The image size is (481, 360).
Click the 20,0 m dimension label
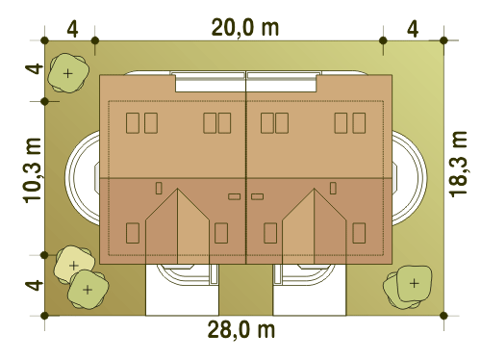tap(245, 28)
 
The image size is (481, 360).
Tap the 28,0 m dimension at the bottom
tap(241, 329)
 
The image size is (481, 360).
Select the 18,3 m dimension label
tap(458, 164)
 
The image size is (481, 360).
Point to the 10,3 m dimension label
tap(33, 170)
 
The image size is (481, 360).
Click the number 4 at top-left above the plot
tap(72, 30)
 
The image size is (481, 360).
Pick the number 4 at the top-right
tap(413, 30)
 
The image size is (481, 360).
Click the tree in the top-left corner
tap(68, 73)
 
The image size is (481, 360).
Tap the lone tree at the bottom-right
tap(408, 287)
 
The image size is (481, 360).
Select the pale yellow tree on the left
tap(74, 265)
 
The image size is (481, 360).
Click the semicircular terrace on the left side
tap(83, 178)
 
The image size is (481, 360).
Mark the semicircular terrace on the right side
tap(410, 178)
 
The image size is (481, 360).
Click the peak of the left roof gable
tap(177, 189)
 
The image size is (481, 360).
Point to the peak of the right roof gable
tap(315, 189)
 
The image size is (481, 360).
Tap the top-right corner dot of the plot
tap(443, 40)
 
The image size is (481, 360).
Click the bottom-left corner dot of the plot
tap(45, 316)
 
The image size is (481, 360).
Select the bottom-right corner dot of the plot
tap(443, 316)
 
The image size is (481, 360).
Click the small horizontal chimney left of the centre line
tap(235, 196)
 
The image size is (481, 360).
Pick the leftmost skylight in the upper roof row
tap(133, 123)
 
